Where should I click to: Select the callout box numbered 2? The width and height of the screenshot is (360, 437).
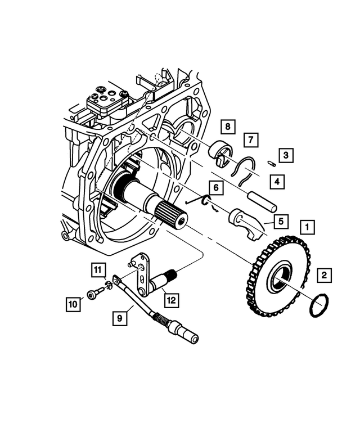pyautogui.click(x=323, y=276)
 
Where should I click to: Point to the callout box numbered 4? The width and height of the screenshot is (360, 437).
pyautogui.click(x=275, y=182)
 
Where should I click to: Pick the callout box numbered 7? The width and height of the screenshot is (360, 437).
pyautogui.click(x=250, y=139)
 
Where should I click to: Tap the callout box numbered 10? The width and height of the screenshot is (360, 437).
pyautogui.click(x=73, y=305)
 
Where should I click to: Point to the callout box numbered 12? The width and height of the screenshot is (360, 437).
pyautogui.click(x=171, y=300)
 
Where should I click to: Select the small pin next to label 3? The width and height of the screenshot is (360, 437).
pyautogui.click(x=270, y=164)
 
